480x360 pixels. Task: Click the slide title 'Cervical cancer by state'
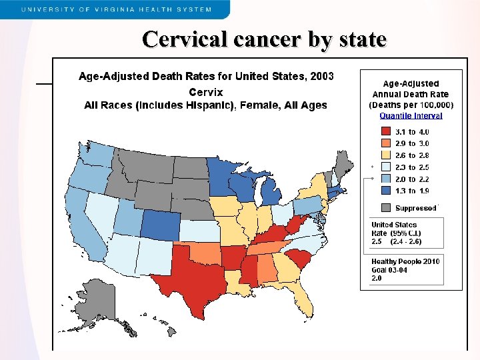click(x=264, y=39)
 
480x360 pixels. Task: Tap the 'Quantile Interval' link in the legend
click(x=411, y=115)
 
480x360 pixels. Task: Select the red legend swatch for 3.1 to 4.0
click(x=385, y=132)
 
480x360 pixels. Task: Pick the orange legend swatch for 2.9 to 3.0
click(x=385, y=143)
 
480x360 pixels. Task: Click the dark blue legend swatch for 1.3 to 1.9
click(x=385, y=191)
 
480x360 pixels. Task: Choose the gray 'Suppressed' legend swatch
click(x=385, y=208)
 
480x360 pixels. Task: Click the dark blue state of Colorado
click(x=160, y=225)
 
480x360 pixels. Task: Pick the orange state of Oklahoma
click(x=207, y=253)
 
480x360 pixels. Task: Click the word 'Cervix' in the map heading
click(x=206, y=92)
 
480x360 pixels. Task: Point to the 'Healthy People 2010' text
click(x=405, y=261)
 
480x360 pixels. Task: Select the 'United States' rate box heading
click(x=394, y=225)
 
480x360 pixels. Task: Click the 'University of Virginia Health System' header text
click(x=117, y=9)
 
